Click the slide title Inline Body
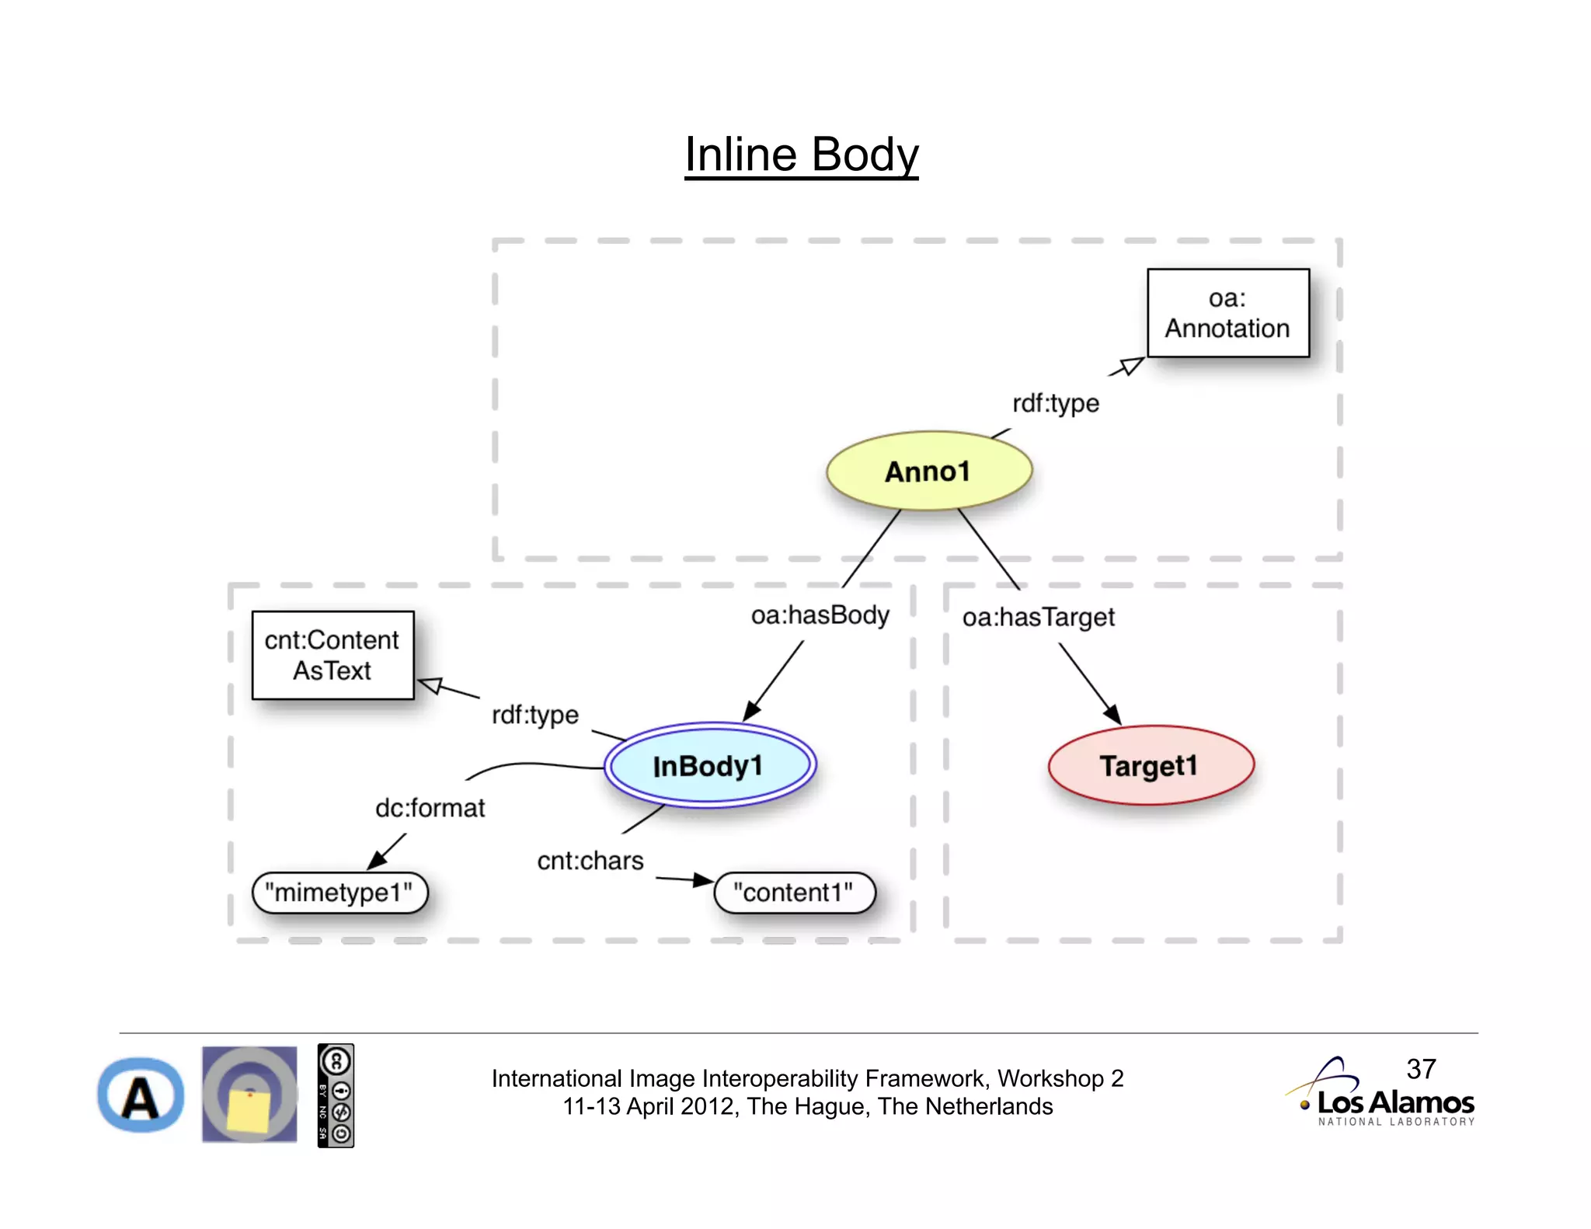pyautogui.click(x=801, y=155)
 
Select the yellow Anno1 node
pyautogui.click(x=928, y=472)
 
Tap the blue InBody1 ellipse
pyautogui.click(x=709, y=766)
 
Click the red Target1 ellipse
pyautogui.click(x=1150, y=766)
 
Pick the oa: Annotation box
pyautogui.click(x=1227, y=313)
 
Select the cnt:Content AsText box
pyautogui.click(x=332, y=656)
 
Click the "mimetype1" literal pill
pyautogui.click(x=339, y=893)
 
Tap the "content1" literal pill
pyautogui.click(x=794, y=893)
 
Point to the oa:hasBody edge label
pyautogui.click(x=820, y=615)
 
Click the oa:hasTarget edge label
pyautogui.click(x=1038, y=618)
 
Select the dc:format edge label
pyautogui.click(x=430, y=808)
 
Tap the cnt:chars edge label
pyautogui.click(x=590, y=861)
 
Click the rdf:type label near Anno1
pyautogui.click(x=1055, y=403)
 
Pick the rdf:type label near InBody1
pyautogui.click(x=535, y=715)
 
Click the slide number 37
pyautogui.click(x=1421, y=1069)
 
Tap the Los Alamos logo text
pyautogui.click(x=1395, y=1103)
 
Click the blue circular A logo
pyautogui.click(x=141, y=1095)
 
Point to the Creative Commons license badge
pyautogui.click(x=336, y=1095)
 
